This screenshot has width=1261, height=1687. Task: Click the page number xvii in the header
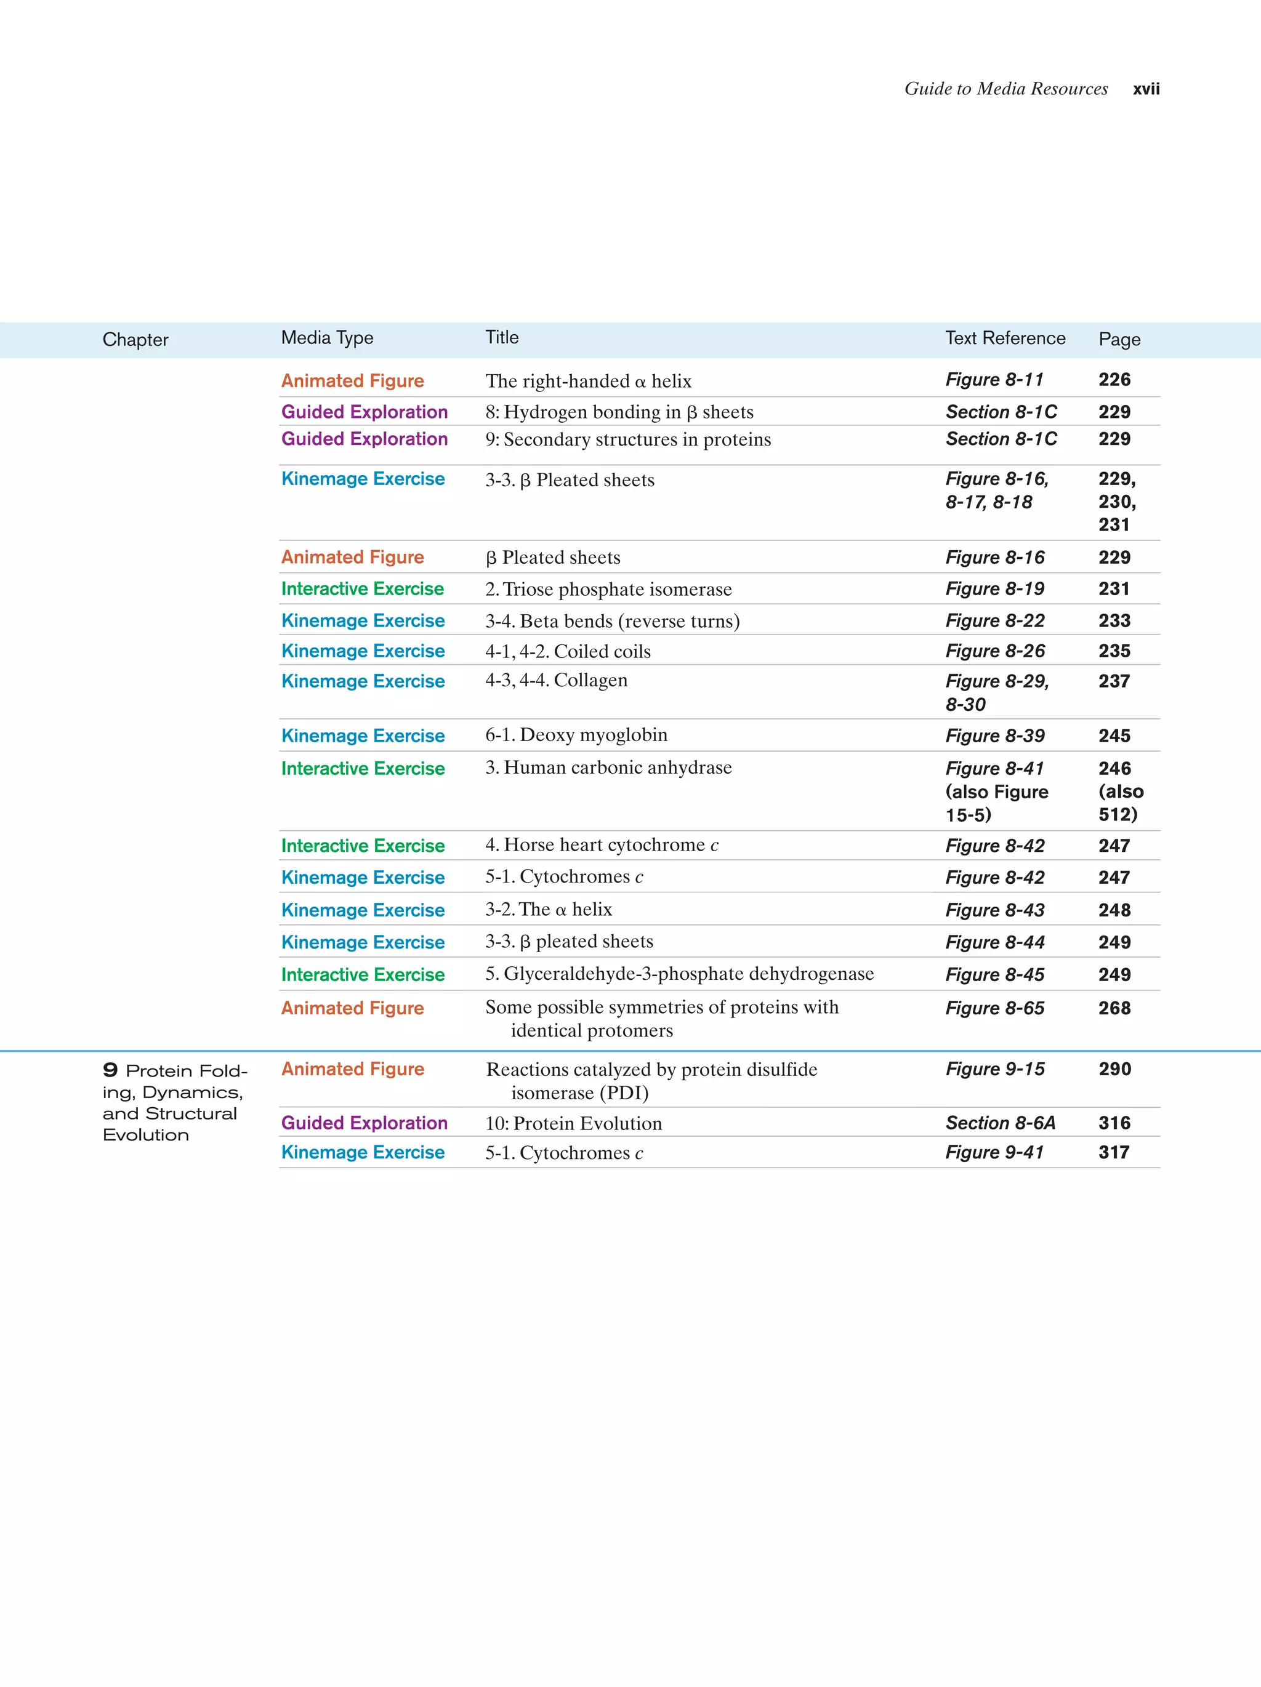[1146, 89]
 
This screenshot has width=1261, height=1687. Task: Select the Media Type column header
[328, 338]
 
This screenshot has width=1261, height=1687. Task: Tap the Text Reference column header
[1005, 338]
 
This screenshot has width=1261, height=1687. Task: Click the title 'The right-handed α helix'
[588, 382]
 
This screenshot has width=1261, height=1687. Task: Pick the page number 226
[1114, 380]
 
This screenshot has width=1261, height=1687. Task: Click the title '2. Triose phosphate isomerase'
[608, 590]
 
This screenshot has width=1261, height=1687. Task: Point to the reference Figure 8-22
[995, 621]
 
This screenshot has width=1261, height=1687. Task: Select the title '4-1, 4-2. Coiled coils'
[568, 651]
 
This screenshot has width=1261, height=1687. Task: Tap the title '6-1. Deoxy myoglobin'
[576, 735]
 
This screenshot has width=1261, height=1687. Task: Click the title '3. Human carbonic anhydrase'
[608, 768]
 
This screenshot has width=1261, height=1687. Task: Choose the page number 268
[1114, 1008]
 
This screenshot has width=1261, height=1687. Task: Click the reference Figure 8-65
[995, 1008]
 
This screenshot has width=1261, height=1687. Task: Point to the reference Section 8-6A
[1000, 1123]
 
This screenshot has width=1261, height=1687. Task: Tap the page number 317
[1114, 1152]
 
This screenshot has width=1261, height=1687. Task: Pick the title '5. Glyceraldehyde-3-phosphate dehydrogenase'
[679, 974]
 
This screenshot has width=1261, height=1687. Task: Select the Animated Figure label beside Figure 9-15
[352, 1069]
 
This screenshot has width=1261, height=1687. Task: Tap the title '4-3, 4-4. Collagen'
[556, 680]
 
